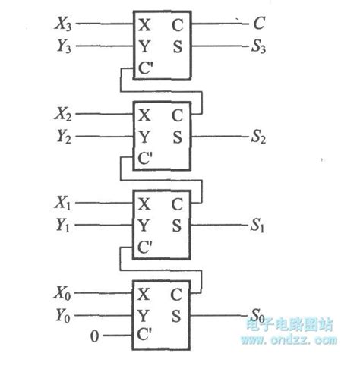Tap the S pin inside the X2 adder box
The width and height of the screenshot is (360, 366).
[x=177, y=138]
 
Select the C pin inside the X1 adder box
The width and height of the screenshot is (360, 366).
[x=177, y=204]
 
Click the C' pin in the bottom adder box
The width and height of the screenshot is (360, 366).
[x=147, y=336]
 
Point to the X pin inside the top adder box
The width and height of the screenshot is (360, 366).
[x=144, y=24]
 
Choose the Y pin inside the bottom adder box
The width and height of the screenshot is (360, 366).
[x=144, y=314]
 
